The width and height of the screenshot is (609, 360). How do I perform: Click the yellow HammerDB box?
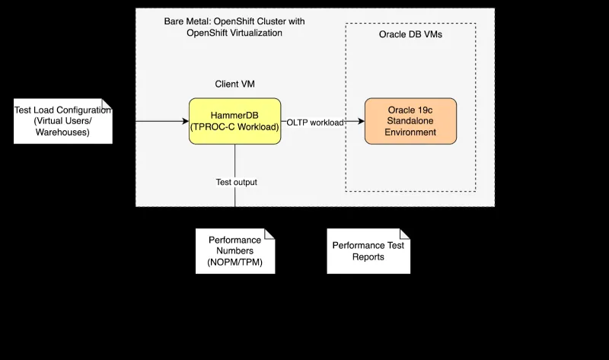click(x=234, y=122)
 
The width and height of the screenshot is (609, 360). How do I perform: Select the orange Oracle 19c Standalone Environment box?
click(x=410, y=121)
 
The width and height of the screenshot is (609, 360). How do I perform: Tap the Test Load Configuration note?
click(x=63, y=121)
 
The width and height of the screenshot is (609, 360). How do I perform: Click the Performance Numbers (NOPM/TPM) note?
click(x=235, y=250)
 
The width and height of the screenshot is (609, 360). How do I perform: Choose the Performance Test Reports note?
click(x=368, y=250)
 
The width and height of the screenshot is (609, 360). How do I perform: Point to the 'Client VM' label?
click(x=234, y=84)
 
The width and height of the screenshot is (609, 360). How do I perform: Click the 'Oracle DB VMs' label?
click(x=410, y=35)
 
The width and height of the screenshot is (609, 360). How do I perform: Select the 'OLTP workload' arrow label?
click(x=314, y=122)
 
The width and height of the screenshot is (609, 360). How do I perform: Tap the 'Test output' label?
click(x=236, y=182)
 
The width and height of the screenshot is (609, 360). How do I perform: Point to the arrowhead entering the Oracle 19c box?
click(x=360, y=122)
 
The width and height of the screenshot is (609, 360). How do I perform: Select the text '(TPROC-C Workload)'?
click(x=234, y=127)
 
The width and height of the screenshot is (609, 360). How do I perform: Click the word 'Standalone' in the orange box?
click(x=410, y=121)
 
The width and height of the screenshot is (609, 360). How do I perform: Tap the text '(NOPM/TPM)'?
click(x=235, y=262)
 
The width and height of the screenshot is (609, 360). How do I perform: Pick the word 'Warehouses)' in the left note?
click(x=63, y=132)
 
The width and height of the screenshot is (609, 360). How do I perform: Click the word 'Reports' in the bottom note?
click(x=368, y=256)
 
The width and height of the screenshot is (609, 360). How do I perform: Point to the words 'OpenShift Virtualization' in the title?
click(x=234, y=33)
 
